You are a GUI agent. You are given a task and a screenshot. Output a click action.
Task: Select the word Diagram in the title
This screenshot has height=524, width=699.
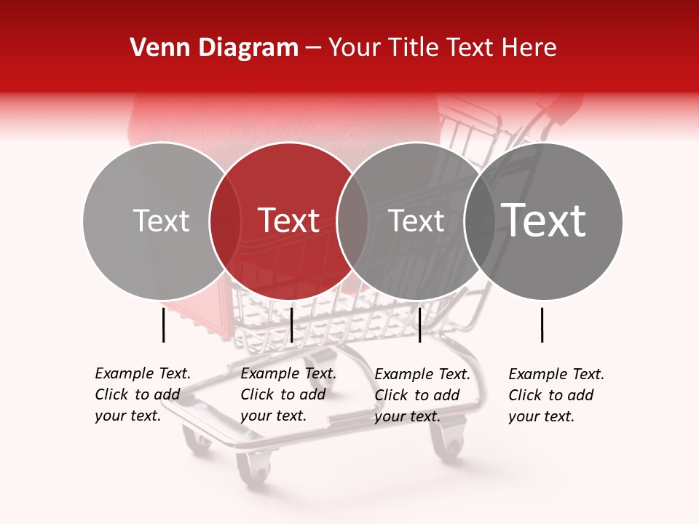[x=248, y=48]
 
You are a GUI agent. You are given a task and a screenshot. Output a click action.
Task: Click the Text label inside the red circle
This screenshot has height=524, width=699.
[x=288, y=221]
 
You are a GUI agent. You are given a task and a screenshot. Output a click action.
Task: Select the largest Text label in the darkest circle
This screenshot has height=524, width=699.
[x=543, y=221]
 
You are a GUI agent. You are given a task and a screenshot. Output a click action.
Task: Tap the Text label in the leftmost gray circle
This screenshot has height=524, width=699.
[x=161, y=221]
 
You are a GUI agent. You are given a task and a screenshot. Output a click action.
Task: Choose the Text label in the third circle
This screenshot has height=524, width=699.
[x=416, y=221]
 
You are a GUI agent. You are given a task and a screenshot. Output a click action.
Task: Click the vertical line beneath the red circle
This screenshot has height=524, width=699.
[x=291, y=325]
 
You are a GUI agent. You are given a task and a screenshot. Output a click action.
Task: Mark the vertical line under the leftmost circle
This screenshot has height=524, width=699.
[x=164, y=325]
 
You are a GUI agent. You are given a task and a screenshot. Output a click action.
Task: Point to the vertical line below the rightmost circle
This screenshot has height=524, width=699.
[x=542, y=325]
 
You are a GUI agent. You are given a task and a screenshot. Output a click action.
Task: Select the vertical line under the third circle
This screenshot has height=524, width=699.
[x=419, y=325]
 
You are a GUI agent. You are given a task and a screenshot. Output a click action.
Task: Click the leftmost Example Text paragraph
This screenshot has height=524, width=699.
[x=142, y=394]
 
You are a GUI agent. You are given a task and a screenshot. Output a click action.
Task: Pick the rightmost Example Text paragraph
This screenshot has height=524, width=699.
[x=556, y=395]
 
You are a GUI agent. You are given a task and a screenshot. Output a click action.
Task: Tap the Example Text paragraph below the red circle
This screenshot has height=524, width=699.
[x=288, y=394]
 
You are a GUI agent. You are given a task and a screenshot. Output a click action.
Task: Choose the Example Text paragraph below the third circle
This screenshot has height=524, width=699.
[x=422, y=395]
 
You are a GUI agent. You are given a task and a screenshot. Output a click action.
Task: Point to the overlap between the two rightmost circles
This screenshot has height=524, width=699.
[x=479, y=221]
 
